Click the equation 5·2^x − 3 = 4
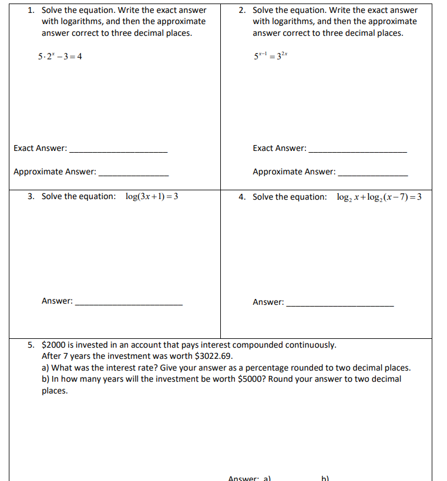[60, 56]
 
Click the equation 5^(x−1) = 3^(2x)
[271, 56]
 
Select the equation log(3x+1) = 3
[152, 197]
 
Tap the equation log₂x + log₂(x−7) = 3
[379, 197]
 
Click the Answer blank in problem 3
[129, 304]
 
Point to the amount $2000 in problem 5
[53, 345]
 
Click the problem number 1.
[31, 10]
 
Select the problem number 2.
[243, 10]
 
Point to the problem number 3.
[31, 196]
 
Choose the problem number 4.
[242, 197]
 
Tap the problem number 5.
[31, 345]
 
